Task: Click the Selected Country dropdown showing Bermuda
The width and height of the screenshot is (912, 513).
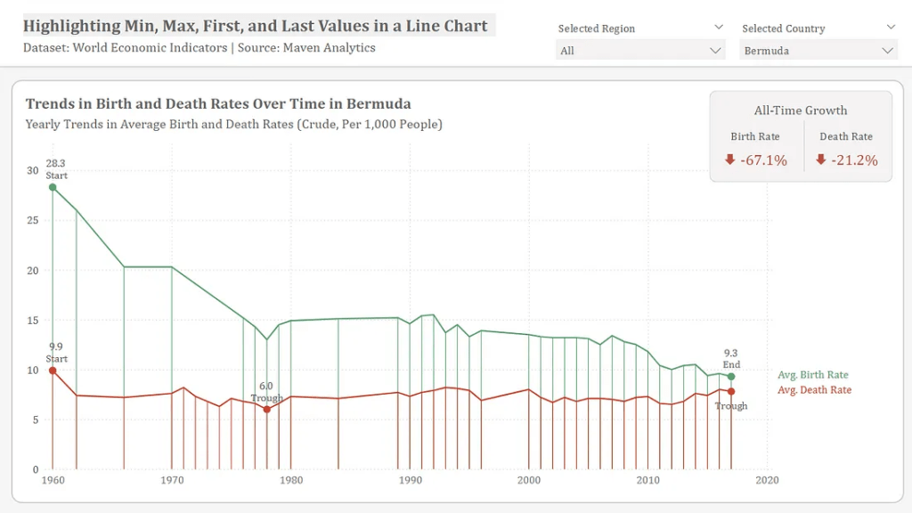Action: pos(818,51)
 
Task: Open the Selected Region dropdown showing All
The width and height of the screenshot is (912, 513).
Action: pos(640,51)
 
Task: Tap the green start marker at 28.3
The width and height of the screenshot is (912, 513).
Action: pos(53,187)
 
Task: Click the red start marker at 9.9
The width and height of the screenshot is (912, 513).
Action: pos(53,370)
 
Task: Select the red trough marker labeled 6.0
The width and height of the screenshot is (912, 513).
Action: pos(266,410)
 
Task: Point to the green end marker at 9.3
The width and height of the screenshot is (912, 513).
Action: pos(731,377)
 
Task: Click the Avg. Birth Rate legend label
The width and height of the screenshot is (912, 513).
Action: pos(812,375)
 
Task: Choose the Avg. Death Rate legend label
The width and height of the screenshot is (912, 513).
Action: pos(814,390)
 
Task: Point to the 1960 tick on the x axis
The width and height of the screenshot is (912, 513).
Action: pos(53,480)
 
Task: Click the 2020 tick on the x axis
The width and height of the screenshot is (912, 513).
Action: pos(767,480)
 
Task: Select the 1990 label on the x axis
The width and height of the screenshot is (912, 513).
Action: pos(410,480)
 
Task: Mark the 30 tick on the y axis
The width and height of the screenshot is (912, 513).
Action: pos(32,170)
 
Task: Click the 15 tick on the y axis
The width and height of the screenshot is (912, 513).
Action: pos(32,320)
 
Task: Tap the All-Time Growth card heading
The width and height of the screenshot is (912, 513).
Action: pos(801,110)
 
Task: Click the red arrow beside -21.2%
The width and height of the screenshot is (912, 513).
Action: pos(821,160)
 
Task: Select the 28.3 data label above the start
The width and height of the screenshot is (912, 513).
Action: pos(55,164)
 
